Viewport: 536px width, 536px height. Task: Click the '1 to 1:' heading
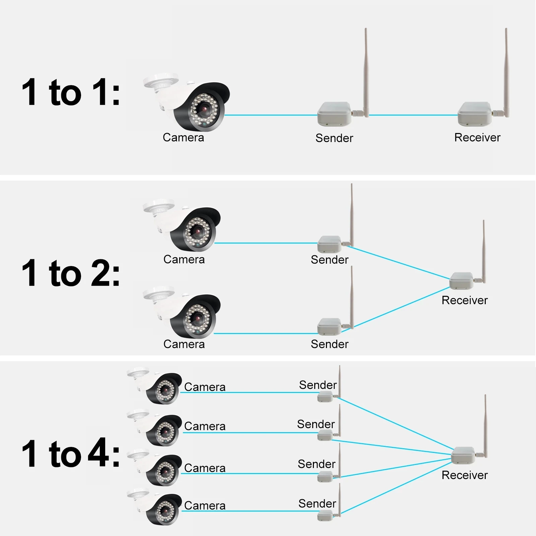pos(71,92)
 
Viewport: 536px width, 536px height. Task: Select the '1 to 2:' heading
pos(71,273)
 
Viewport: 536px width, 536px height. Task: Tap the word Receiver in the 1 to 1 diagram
pos(477,137)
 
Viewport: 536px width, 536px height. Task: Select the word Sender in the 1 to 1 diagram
pos(334,138)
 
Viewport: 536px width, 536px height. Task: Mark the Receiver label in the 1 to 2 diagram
pos(465,300)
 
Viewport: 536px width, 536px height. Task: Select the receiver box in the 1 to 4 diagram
pos(463,455)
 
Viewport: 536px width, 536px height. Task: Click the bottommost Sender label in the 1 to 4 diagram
pos(317,504)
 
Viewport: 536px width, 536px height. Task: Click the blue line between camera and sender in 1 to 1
pos(271,115)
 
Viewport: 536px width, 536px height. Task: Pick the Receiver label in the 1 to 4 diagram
pos(465,475)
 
